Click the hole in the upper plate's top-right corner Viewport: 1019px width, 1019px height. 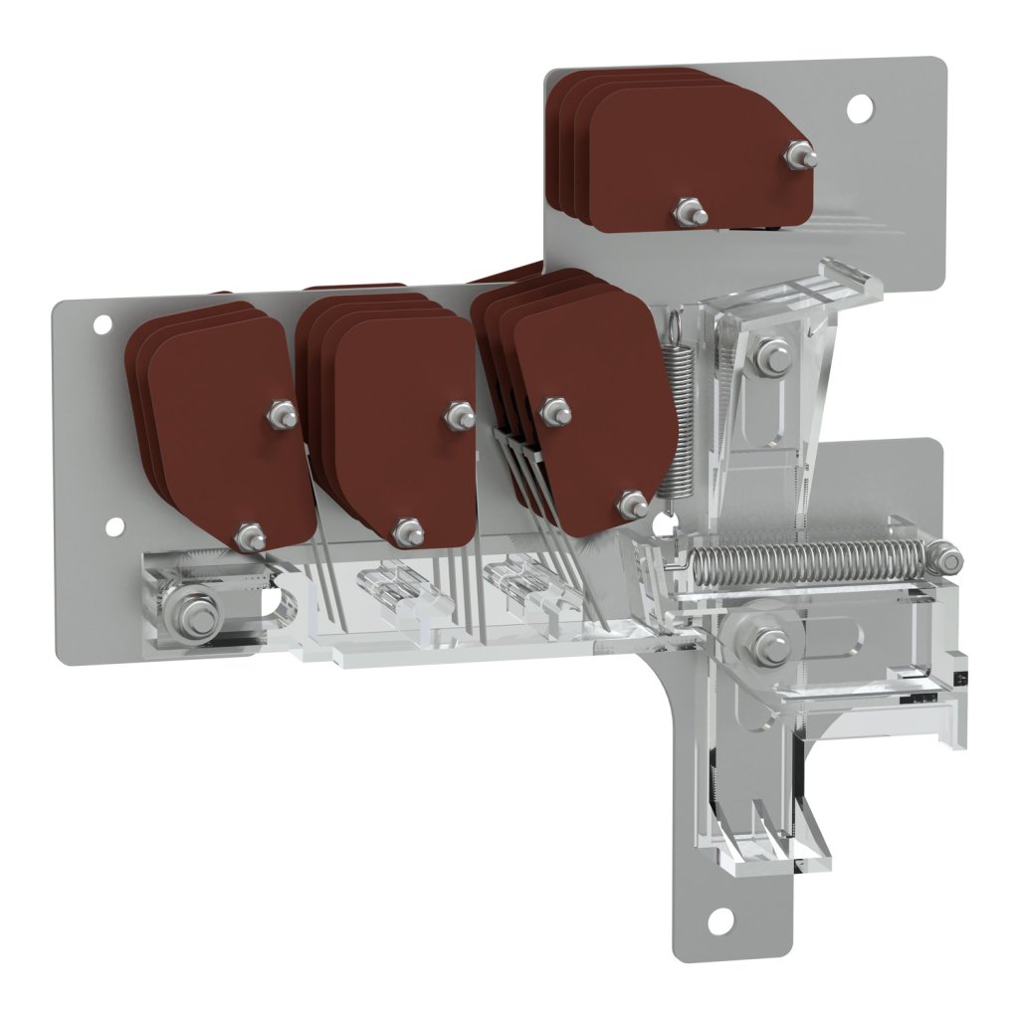[859, 107]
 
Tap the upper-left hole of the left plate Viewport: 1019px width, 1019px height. [102, 323]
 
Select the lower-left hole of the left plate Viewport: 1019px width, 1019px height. [114, 526]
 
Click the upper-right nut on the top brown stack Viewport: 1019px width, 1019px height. [800, 155]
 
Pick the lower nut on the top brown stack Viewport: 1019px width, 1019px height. [689, 212]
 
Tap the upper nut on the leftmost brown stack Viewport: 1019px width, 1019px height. [283, 415]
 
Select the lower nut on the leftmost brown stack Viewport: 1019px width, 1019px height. [250, 537]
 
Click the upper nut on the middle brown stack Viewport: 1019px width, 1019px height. [460, 415]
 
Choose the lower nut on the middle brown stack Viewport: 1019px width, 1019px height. [408, 532]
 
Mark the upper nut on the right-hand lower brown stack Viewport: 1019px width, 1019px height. [554, 411]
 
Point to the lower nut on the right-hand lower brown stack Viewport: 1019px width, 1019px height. [633, 505]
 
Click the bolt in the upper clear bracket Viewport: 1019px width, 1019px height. [771, 357]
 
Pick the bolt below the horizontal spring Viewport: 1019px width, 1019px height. [770, 646]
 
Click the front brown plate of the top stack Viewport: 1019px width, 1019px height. [697, 159]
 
